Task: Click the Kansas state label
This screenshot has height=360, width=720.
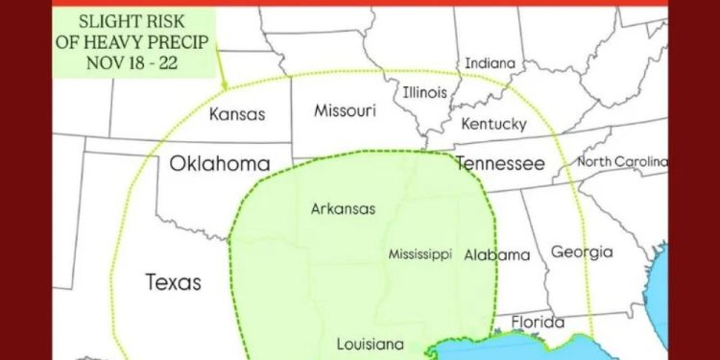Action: [236, 114]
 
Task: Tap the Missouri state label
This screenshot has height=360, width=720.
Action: [345, 111]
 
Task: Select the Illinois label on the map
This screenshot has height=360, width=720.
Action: [424, 93]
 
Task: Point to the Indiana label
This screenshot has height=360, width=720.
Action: [490, 63]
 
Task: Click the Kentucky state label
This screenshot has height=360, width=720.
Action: [494, 125]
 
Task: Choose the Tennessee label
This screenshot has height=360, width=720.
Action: [499, 163]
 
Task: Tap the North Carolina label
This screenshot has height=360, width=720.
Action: [621, 161]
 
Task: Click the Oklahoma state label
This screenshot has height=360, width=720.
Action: [219, 163]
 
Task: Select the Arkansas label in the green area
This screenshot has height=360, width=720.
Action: [343, 208]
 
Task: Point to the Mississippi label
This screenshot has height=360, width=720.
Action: [420, 254]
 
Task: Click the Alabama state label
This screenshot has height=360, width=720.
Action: [496, 255]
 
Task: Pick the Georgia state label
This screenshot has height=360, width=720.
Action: [581, 252]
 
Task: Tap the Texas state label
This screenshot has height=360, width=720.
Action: [174, 282]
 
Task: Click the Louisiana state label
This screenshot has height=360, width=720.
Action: [370, 344]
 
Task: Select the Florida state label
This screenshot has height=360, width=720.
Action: [537, 322]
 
